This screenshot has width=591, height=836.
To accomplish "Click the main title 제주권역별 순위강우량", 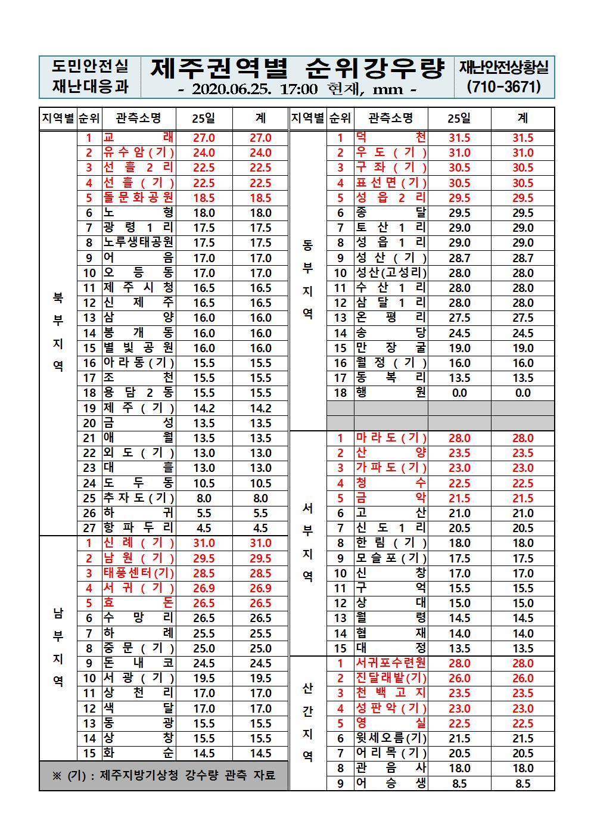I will [x=297, y=69].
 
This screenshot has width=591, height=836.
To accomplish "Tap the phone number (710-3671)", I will [x=505, y=87].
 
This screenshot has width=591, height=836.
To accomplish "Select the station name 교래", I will [x=138, y=138].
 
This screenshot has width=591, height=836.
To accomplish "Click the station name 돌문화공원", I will [x=138, y=198].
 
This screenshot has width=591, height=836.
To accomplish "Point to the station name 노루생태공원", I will [x=138, y=243].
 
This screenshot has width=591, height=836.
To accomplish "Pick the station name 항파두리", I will [x=138, y=528].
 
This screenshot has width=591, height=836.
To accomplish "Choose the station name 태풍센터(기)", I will [x=138, y=573].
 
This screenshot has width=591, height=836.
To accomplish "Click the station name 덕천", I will [x=391, y=138].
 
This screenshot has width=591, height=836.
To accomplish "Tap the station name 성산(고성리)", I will [x=391, y=273].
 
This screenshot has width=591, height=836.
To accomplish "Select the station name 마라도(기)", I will [x=391, y=438].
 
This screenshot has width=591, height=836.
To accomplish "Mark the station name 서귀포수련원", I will [x=391, y=663].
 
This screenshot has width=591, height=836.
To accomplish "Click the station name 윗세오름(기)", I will [x=391, y=738].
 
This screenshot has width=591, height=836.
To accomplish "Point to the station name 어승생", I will [x=391, y=784].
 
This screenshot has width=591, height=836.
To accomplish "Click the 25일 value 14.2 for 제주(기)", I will [x=204, y=408].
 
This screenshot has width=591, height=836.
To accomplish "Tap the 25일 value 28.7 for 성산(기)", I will [x=459, y=258].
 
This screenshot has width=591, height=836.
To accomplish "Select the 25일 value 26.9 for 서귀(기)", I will [x=204, y=588].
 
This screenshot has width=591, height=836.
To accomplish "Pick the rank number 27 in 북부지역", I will [x=89, y=528].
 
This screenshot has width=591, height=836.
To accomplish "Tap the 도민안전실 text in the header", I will [x=90, y=66].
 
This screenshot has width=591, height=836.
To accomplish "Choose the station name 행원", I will [x=391, y=393].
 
